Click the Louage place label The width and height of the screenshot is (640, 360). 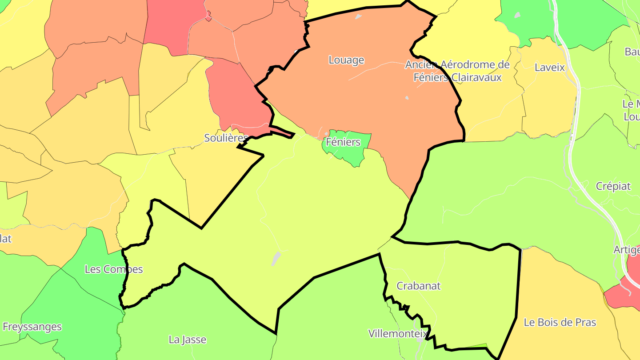[x=346, y=60]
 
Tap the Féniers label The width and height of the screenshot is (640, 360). [x=343, y=142]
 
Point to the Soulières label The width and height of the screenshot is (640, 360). [x=226, y=138]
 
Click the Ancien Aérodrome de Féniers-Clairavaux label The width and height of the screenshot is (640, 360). [x=457, y=71]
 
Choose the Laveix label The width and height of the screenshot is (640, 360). [x=550, y=68]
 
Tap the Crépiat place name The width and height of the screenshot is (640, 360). [x=613, y=186]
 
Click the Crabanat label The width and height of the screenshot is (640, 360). [x=418, y=286]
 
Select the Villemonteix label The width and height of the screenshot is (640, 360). [x=398, y=333]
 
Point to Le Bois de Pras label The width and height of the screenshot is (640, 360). [x=560, y=322]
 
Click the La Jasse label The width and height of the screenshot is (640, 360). [x=188, y=340]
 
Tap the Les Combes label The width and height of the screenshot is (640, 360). [x=114, y=269]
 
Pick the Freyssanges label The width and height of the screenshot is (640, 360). [x=32, y=327]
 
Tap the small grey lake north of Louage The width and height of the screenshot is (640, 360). [x=358, y=17]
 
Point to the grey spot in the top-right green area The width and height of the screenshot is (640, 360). [x=517, y=15]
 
